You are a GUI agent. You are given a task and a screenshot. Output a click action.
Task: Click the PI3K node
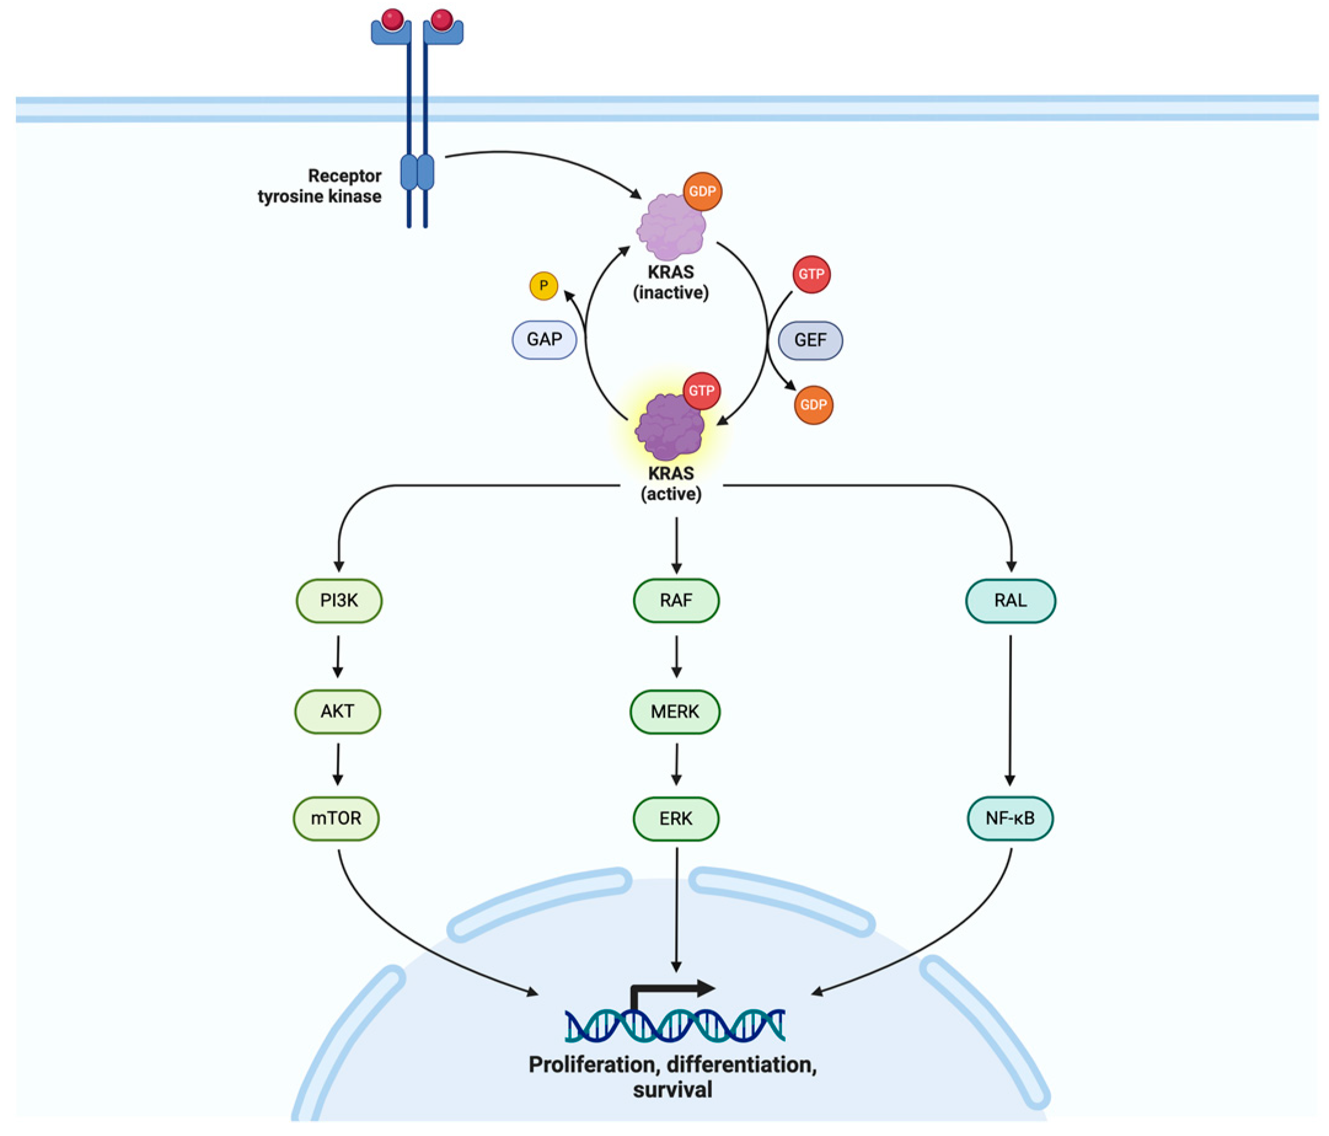pos(339,601)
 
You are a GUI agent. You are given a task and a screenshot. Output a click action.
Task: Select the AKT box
pos(337,711)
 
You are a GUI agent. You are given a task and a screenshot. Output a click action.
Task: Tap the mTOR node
pos(336,818)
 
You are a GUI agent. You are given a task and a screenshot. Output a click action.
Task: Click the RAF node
pos(676,601)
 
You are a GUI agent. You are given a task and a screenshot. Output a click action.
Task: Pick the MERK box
pos(675,711)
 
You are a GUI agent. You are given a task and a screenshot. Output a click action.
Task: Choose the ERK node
pos(676,818)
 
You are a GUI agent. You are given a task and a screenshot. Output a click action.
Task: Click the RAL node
pos(1010,601)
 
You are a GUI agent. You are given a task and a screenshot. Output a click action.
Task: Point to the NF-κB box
pos(1009,818)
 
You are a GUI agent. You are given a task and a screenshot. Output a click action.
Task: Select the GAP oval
pos(544,339)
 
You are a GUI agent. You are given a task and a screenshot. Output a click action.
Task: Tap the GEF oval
pos(810,340)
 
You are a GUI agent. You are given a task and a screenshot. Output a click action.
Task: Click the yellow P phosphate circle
pos(543,285)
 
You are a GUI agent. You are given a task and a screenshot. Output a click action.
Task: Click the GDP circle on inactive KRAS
pos(703,191)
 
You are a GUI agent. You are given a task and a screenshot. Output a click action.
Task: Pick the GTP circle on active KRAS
pos(702,390)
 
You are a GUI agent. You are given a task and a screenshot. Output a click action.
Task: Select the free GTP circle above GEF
pos(811,274)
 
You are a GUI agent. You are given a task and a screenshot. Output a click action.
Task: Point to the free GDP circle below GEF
pos(813,404)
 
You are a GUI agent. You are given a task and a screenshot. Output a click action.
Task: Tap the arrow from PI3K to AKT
pos(338,655)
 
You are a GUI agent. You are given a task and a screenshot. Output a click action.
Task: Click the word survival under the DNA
pos(672,1089)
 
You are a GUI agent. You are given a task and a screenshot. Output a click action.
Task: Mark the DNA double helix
pos(675,1025)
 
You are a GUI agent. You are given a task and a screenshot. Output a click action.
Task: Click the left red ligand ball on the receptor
pos(393,19)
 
